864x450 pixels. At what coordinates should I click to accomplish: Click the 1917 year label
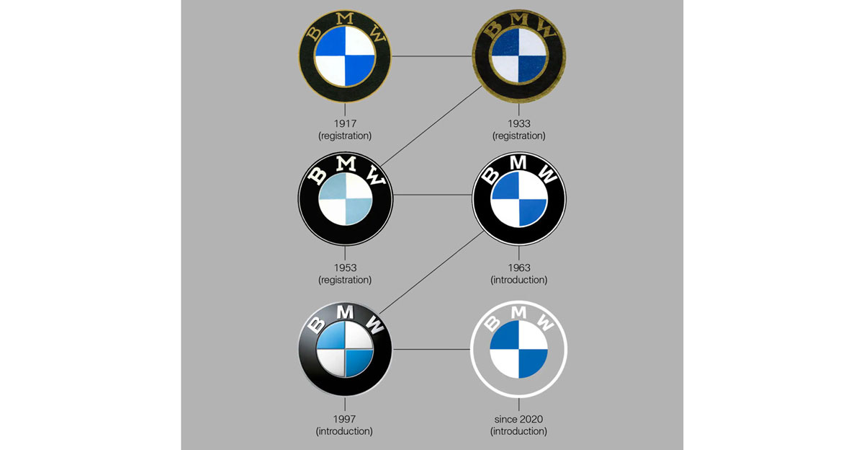[345, 123]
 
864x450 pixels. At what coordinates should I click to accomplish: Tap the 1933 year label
[518, 123]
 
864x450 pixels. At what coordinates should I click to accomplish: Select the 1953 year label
[345, 268]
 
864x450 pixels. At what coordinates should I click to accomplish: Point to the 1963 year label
[518, 268]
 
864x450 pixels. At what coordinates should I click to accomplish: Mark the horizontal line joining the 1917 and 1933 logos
[431, 56]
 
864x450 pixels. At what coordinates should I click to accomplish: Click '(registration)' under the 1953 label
[345, 280]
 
